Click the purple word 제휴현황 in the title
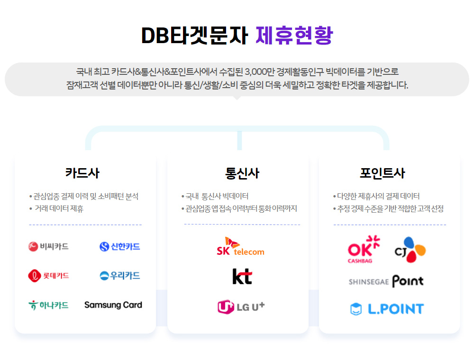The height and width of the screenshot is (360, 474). pyautogui.click(x=294, y=35)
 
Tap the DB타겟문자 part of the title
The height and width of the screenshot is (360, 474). pyautogui.click(x=194, y=35)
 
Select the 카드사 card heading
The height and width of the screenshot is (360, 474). pyautogui.click(x=82, y=173)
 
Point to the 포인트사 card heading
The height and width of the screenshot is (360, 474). pyautogui.click(x=389, y=173)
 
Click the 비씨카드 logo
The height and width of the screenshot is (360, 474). pyautogui.click(x=48, y=246)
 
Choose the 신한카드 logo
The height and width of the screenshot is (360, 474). pyautogui.click(x=119, y=246)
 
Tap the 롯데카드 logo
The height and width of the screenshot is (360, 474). pyautogui.click(x=48, y=275)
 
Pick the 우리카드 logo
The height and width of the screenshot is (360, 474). pyautogui.click(x=119, y=275)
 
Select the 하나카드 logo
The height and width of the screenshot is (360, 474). pyautogui.click(x=48, y=305)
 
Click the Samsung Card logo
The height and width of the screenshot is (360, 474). pyautogui.click(x=113, y=305)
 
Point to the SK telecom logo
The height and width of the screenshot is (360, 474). pyautogui.click(x=240, y=246)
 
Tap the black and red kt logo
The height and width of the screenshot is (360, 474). pyautogui.click(x=242, y=276)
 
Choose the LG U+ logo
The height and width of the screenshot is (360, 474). pyautogui.click(x=241, y=307)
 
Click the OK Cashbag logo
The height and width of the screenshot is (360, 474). pyautogui.click(x=364, y=249)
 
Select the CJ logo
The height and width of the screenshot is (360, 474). pyautogui.click(x=410, y=249)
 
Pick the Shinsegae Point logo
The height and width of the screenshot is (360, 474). pyautogui.click(x=386, y=281)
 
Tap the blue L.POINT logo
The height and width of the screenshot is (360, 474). pyautogui.click(x=386, y=309)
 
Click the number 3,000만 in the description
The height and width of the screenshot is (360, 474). pyautogui.click(x=272, y=72)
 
